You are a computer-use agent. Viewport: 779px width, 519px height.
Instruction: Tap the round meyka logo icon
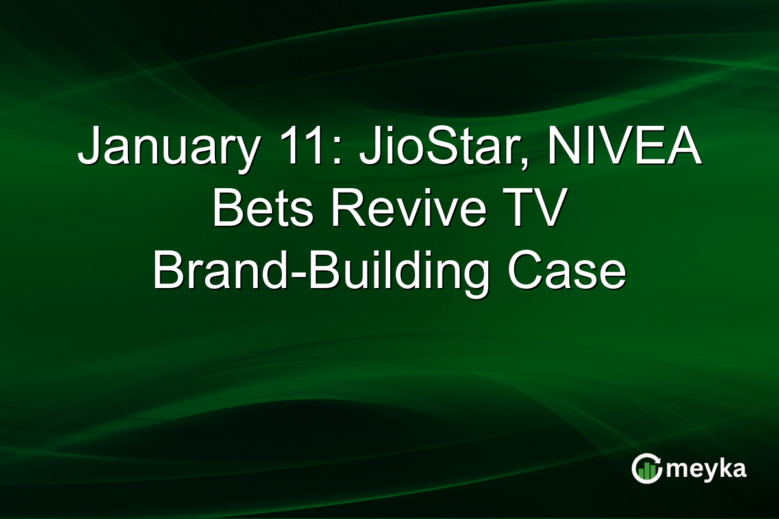pyautogui.click(x=646, y=468)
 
